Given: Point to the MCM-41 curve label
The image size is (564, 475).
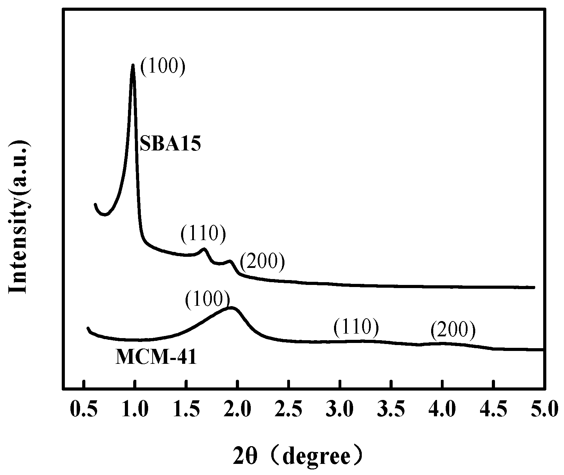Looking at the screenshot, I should pos(156,358).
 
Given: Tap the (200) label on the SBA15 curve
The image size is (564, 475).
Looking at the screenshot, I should pos(262,262).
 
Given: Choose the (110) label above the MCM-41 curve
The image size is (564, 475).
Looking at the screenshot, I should pos(356,328).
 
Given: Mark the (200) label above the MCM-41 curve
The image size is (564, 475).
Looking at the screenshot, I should pos(453,331).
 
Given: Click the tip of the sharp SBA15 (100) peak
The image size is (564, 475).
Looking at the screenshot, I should pos(133,65).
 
